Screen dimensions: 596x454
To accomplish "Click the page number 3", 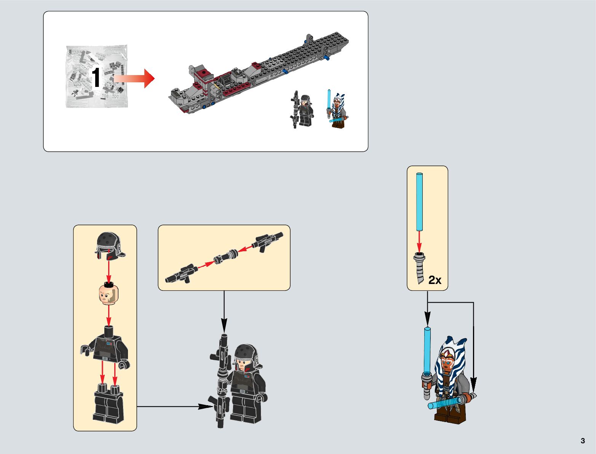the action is coord(583,441).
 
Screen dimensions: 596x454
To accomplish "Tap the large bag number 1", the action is coord(96,78).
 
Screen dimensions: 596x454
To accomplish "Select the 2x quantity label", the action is coord(435,280).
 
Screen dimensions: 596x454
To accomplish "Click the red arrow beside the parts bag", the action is coord(135,79).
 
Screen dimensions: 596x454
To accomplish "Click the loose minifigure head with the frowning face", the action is coord(109,295).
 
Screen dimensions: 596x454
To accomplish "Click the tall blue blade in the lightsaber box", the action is coord(419,202).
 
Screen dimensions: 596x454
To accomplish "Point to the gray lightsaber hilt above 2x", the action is coord(419,267).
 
